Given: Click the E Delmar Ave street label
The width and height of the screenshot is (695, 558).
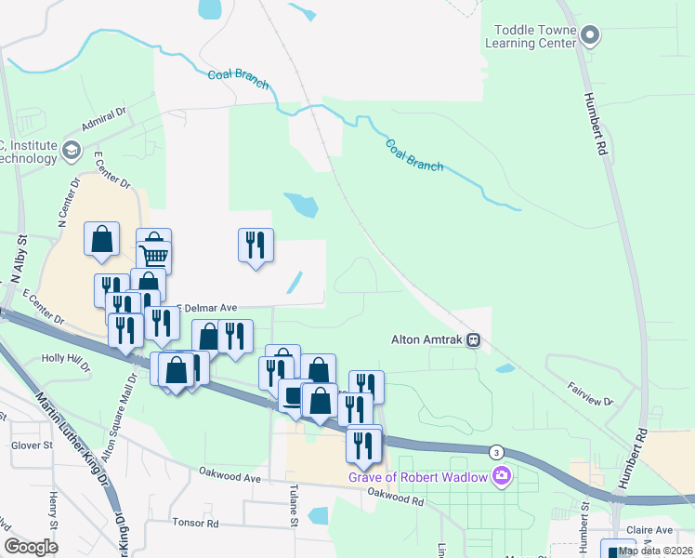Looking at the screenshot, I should pyautogui.click(x=207, y=308).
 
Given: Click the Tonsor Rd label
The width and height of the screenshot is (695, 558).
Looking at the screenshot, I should pyautogui.click(x=195, y=523).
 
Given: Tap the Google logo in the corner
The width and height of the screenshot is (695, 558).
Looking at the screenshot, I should pyautogui.click(x=32, y=547).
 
